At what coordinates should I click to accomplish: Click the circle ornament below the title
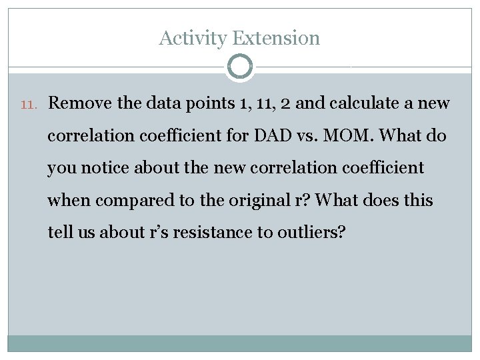point(239,67)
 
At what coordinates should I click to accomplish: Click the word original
point(267,200)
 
